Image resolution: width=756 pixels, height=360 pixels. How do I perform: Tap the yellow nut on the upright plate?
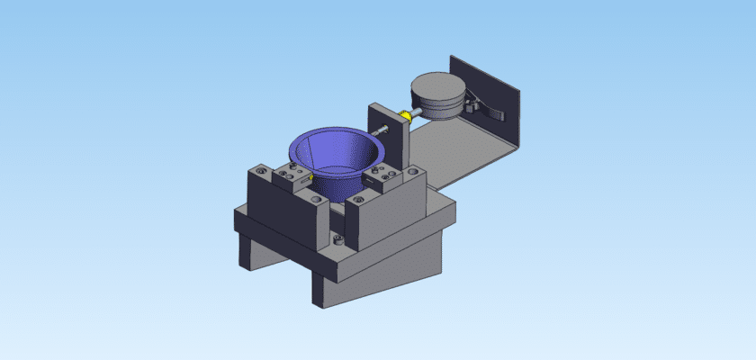point(407,114)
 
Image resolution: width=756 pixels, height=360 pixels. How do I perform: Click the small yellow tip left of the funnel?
point(310,178)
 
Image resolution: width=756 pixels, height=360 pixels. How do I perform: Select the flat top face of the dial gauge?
point(436,87)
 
